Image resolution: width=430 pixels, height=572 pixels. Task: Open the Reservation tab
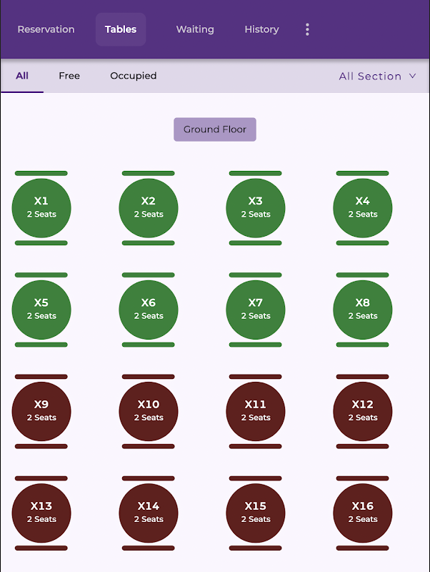(46, 29)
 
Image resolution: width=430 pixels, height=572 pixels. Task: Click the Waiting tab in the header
(195, 29)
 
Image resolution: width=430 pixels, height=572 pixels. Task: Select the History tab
(261, 29)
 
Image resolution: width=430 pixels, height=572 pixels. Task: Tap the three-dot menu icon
(307, 29)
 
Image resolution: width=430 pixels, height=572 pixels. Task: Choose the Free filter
(69, 76)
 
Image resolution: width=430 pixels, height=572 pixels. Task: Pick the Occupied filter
(133, 76)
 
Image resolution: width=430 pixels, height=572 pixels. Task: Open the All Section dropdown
(377, 76)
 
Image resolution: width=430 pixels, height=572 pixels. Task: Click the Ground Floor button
(215, 129)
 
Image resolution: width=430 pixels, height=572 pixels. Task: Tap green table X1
(41, 208)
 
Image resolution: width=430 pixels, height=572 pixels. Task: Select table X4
(363, 208)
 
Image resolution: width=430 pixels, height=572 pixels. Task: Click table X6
(149, 310)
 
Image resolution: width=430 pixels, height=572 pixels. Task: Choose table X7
(256, 310)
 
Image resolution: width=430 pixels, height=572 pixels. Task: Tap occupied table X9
(41, 411)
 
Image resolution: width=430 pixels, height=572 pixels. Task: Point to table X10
(149, 411)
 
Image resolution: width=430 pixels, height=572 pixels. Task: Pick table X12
(363, 411)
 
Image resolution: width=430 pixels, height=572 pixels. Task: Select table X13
(41, 513)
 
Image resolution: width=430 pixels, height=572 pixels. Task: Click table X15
(256, 513)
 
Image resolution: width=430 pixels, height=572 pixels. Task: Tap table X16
(363, 513)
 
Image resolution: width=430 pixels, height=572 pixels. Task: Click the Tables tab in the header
(121, 29)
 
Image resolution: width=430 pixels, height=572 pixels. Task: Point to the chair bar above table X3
(256, 173)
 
